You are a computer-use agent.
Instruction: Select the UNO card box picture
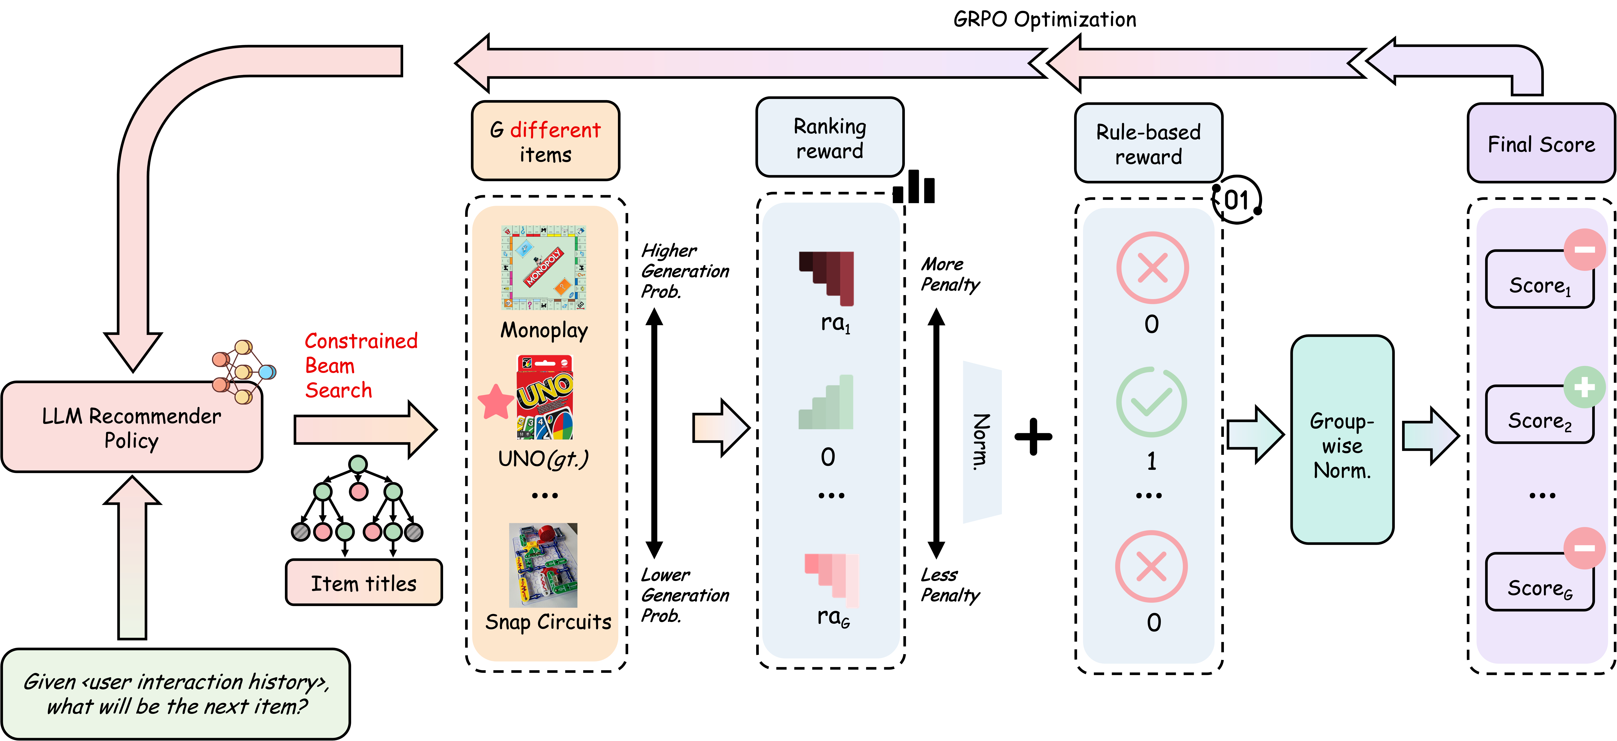coord(544,397)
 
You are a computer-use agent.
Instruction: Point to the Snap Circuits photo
coord(543,565)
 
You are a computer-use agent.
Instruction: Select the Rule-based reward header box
coord(1148,144)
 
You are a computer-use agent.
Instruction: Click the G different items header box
coord(545,141)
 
